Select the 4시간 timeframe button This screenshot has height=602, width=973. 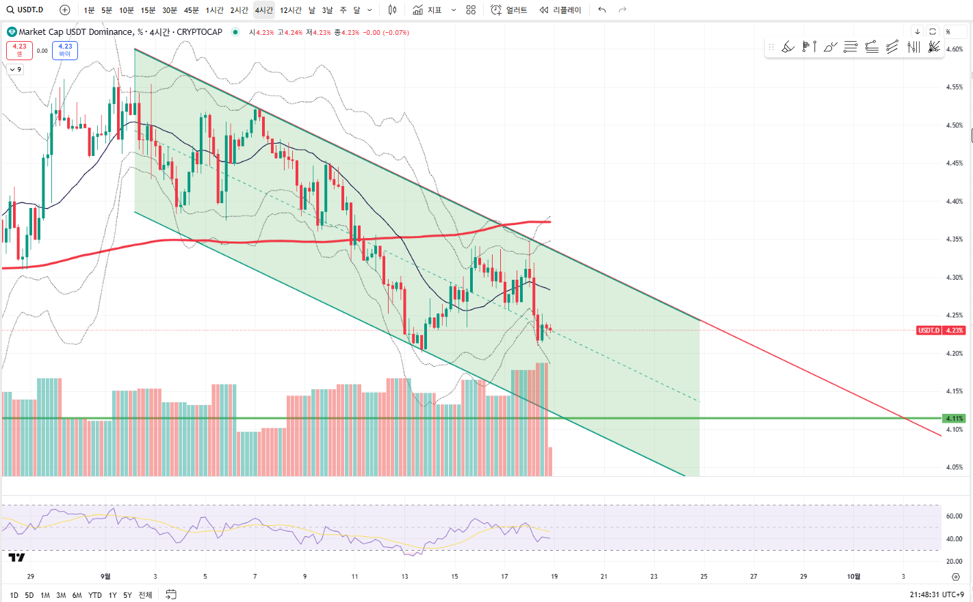[x=263, y=10]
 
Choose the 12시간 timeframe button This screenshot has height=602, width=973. [x=290, y=10]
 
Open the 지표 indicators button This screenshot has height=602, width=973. [x=427, y=10]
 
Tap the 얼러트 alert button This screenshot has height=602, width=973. [x=509, y=10]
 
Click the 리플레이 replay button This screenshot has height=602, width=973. [x=560, y=10]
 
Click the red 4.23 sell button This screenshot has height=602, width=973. [x=19, y=50]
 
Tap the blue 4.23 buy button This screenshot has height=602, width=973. [x=65, y=50]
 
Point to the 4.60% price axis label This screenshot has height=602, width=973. [x=955, y=49]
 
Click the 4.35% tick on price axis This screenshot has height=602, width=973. [x=955, y=239]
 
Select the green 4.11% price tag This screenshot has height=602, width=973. [x=954, y=418]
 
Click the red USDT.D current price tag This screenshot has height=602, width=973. [x=941, y=330]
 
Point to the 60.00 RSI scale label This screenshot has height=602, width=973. [x=954, y=516]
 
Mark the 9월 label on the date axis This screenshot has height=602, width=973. [x=105, y=576]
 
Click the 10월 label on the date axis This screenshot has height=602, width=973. [x=854, y=576]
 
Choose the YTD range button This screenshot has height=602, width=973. [x=95, y=595]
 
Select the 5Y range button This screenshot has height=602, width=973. [x=127, y=595]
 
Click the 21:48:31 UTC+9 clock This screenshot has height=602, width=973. [x=937, y=594]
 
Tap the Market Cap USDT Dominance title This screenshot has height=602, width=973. [x=75, y=32]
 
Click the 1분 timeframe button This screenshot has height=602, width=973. [x=89, y=10]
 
